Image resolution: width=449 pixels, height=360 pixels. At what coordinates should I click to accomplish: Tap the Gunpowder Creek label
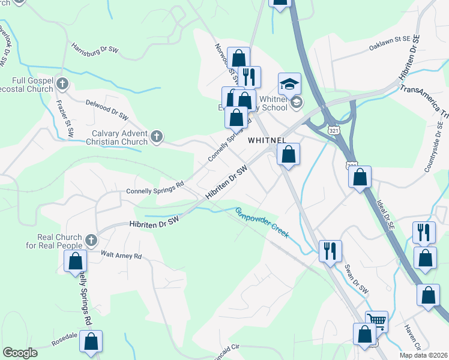tap(261, 222)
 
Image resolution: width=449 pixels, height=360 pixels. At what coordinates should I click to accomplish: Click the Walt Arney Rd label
tap(121, 256)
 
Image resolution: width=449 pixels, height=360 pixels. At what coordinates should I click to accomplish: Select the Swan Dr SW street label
tap(355, 279)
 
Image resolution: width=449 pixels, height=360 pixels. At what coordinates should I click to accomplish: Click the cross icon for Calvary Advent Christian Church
tap(156, 137)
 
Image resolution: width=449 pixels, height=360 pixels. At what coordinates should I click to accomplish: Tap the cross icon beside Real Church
tap(91, 241)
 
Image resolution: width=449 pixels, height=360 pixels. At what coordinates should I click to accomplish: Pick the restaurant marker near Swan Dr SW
tap(330, 251)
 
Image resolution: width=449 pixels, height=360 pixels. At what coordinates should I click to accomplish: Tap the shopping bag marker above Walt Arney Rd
tap(76, 261)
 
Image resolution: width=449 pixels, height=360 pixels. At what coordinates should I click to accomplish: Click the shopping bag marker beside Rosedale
tap(91, 341)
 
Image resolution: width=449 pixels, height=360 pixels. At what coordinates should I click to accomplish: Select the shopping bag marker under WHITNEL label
tap(289, 154)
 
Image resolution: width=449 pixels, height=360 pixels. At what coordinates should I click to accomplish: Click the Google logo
tap(20, 353)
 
